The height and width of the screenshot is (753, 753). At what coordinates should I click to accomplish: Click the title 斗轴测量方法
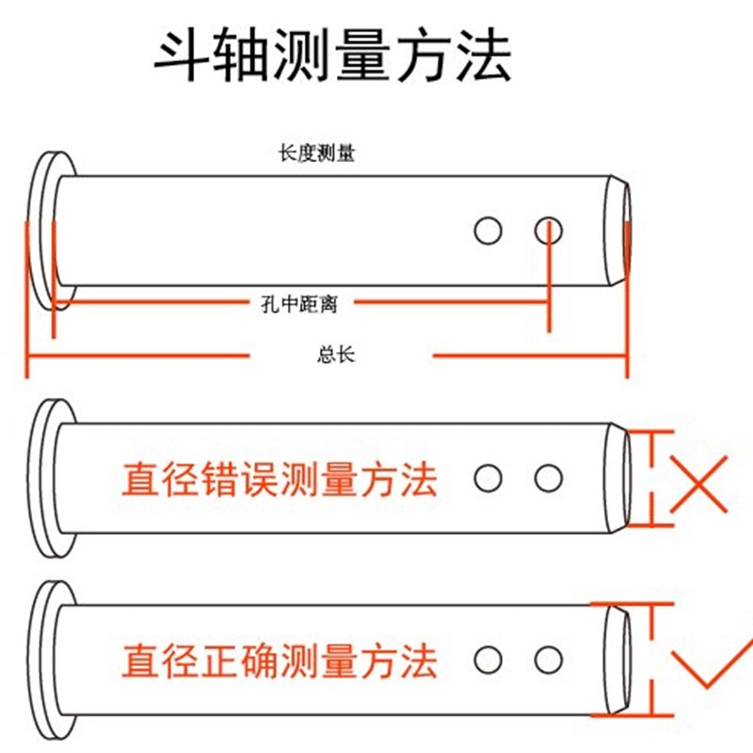click(333, 58)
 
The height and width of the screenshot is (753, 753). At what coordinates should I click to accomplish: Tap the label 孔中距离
click(297, 303)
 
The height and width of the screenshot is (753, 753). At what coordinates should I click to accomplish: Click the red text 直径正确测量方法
click(280, 660)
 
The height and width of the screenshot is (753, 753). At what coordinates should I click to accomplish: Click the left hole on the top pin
click(488, 230)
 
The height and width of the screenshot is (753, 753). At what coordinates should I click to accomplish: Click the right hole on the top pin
click(549, 230)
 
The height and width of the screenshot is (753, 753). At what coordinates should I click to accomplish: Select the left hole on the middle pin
click(488, 478)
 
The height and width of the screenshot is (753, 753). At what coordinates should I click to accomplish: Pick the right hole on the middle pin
click(549, 478)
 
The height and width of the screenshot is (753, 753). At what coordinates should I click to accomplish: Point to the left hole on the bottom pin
click(488, 659)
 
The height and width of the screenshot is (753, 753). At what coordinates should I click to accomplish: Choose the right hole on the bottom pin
click(549, 659)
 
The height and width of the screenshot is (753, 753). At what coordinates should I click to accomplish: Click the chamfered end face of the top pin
click(617, 230)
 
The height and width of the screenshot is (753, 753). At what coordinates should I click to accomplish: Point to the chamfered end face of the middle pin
click(617, 478)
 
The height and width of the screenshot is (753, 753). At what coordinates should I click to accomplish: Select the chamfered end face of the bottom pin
click(617, 659)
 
